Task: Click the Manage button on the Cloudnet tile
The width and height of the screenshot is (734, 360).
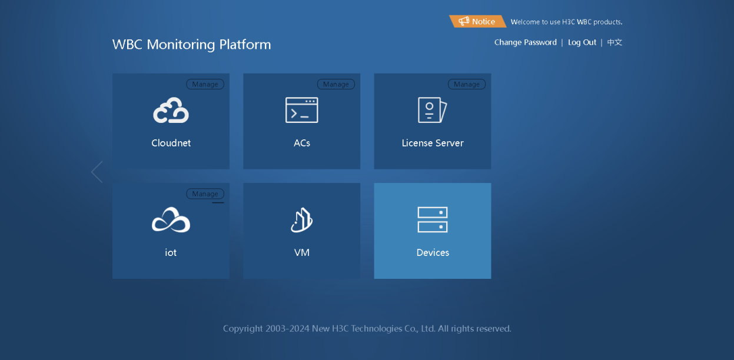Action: click(205, 84)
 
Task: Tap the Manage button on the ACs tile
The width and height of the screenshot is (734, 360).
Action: click(336, 84)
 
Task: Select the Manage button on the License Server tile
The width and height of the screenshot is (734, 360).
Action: click(467, 84)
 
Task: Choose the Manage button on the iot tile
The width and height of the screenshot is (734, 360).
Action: click(205, 194)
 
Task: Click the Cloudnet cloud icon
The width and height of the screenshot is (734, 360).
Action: click(171, 110)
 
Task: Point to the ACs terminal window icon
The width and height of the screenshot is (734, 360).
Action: click(301, 110)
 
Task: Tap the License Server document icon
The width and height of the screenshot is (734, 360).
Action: click(432, 110)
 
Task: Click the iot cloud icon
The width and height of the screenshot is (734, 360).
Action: click(171, 220)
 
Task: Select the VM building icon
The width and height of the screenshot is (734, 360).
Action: click(301, 220)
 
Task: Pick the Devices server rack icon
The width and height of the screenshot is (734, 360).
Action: click(433, 220)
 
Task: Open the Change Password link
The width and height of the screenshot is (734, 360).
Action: click(525, 42)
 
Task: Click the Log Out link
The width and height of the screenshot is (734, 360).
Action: click(582, 42)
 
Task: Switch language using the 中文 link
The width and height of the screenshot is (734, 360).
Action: click(615, 42)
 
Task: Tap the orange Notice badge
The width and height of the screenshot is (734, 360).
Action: click(478, 22)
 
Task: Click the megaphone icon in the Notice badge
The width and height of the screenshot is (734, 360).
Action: click(464, 21)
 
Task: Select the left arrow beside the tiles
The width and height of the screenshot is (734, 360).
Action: click(97, 172)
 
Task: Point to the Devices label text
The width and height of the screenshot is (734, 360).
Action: click(433, 252)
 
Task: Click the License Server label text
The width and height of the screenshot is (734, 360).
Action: click(433, 143)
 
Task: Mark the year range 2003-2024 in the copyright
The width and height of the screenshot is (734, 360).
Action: click(287, 329)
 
